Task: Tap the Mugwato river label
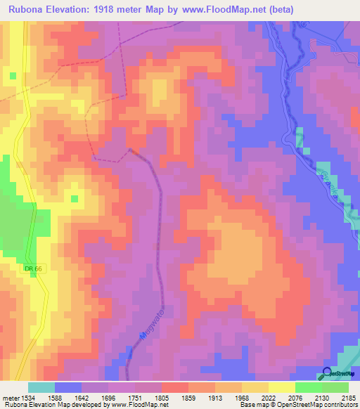153,323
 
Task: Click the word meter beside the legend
8,398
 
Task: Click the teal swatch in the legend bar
41,387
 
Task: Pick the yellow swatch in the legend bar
282,387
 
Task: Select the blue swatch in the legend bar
68,387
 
